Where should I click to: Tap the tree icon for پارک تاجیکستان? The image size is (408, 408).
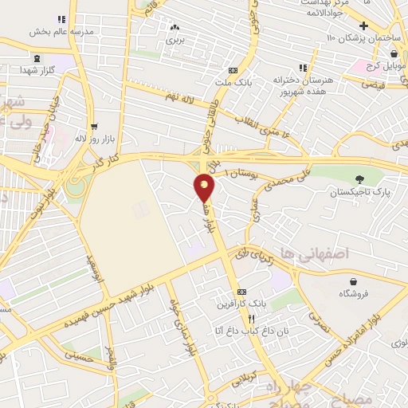point(359,179)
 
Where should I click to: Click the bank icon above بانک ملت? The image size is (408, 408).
point(231,69)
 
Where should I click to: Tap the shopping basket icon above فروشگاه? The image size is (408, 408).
point(353,281)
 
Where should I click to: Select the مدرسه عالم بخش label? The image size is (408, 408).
point(61,32)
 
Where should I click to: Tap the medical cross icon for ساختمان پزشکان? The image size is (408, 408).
point(364,25)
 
